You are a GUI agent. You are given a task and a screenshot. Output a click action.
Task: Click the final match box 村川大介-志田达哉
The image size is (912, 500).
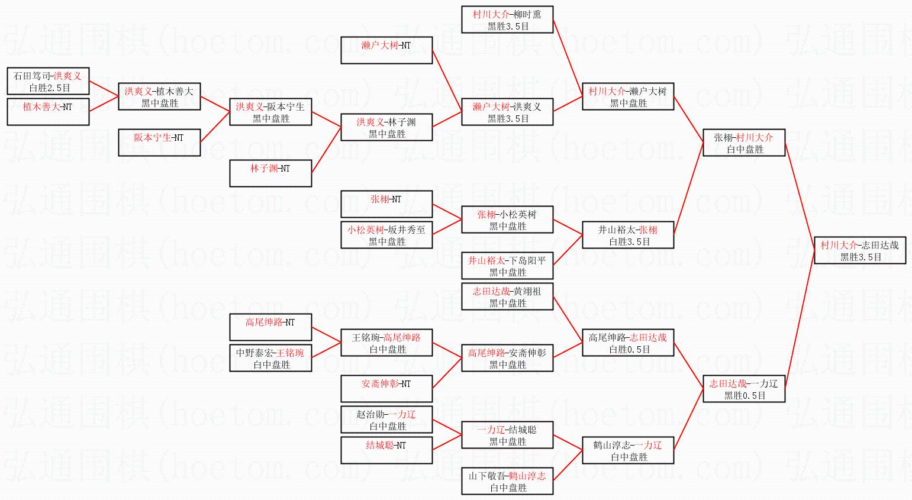[x=859, y=250]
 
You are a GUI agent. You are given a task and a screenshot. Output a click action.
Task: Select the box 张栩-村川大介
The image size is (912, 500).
[x=743, y=143]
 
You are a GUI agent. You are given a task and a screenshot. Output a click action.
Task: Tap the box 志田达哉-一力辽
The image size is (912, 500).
[x=743, y=389]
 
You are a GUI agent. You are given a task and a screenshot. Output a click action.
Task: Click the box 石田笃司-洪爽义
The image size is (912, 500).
[x=48, y=81]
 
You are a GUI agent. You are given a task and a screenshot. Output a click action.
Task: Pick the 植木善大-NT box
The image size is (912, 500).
[x=48, y=112]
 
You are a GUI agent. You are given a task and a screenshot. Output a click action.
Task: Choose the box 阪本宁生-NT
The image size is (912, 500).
[x=159, y=143]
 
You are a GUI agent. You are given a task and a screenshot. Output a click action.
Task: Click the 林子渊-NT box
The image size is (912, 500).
[x=270, y=173]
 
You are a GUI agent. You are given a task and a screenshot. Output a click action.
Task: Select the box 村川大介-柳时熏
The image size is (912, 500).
[x=507, y=20]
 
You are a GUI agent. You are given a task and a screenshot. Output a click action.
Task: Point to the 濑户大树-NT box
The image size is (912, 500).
[x=386, y=50]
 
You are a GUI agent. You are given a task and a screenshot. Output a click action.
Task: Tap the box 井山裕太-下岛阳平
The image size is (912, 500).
[x=507, y=266]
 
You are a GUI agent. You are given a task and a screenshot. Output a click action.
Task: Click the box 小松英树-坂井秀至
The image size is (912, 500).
[x=386, y=235]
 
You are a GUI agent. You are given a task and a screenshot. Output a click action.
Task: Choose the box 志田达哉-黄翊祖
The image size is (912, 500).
[x=507, y=296]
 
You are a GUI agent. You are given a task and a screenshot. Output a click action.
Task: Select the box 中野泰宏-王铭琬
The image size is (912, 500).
[x=270, y=358]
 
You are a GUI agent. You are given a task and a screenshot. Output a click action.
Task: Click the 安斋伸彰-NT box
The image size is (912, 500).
[x=386, y=389]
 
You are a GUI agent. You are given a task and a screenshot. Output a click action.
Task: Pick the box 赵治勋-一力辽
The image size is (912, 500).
[x=386, y=420]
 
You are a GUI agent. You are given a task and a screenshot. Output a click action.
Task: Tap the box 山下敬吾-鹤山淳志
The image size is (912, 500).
[x=507, y=481]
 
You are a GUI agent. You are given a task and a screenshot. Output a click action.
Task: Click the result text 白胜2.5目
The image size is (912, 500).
[x=50, y=88]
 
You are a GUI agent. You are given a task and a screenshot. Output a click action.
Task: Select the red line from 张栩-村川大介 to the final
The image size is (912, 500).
[x=800, y=196]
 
